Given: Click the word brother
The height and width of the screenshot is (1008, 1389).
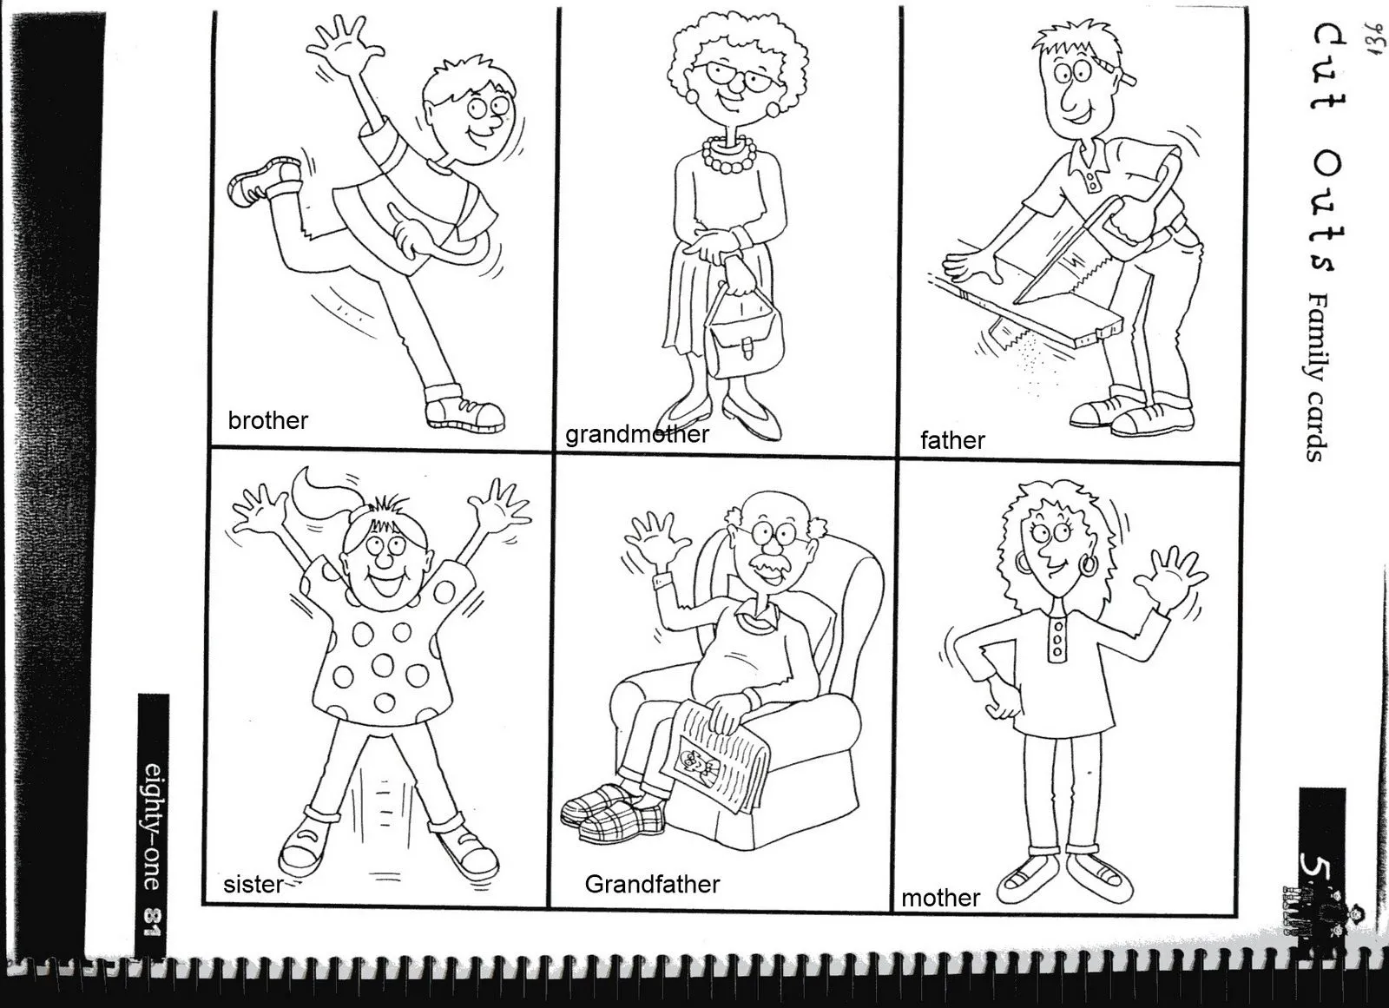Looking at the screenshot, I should click(267, 421).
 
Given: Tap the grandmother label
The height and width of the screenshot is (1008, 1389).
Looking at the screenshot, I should click(637, 434).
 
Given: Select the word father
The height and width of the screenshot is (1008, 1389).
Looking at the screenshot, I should click(952, 440).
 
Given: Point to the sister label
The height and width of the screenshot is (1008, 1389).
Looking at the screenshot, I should click(253, 885).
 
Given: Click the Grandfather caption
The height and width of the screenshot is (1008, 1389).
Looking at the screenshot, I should click(652, 885).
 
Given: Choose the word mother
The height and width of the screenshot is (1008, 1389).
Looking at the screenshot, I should click(940, 898).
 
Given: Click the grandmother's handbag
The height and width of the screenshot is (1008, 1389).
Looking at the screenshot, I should click(744, 339).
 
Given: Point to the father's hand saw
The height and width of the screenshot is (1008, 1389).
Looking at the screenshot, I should click(1094, 252).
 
